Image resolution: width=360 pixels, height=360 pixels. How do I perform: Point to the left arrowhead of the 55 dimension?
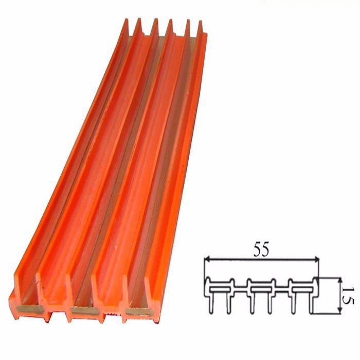(207, 261)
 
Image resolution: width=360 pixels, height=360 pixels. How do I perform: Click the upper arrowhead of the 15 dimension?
(339, 279)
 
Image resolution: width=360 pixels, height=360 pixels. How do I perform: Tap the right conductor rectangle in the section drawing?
(301, 286)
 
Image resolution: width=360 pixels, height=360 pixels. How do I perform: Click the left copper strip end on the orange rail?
(27, 309)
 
